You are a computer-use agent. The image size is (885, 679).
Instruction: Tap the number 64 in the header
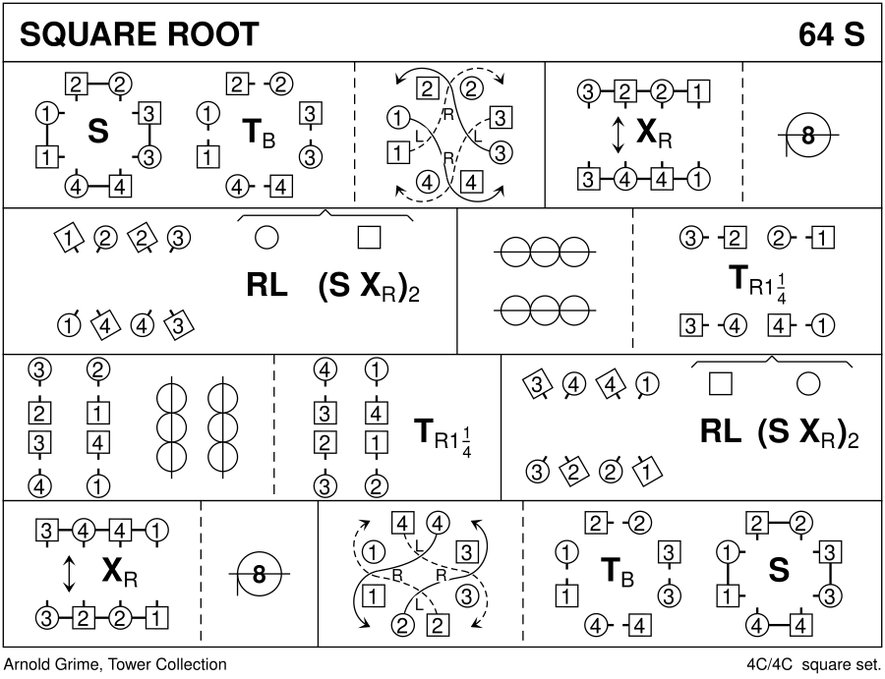click(817, 34)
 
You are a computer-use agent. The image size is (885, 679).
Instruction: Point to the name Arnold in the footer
click(29, 665)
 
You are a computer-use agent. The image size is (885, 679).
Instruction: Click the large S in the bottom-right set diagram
click(778, 571)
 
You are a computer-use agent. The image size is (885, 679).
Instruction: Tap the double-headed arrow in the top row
click(619, 136)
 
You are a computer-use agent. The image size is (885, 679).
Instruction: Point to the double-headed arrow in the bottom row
click(69, 575)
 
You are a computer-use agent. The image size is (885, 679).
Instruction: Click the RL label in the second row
click(266, 286)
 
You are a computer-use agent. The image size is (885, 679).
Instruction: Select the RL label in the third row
click(721, 432)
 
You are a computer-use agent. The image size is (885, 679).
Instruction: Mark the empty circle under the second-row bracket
click(266, 238)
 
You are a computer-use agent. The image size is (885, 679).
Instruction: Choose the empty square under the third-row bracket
click(721, 384)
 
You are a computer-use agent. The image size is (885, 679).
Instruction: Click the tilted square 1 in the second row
click(67, 237)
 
